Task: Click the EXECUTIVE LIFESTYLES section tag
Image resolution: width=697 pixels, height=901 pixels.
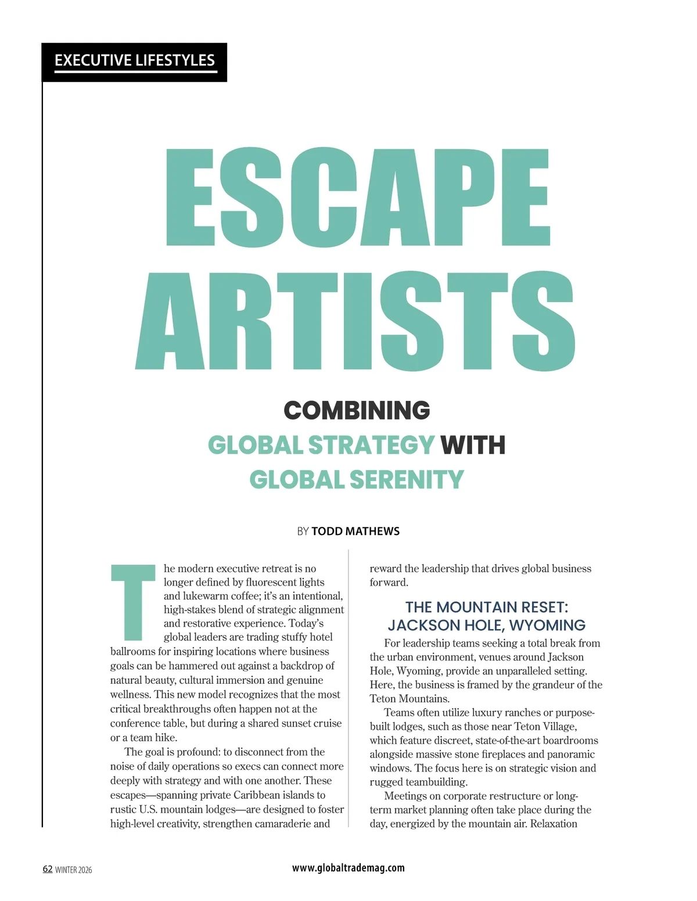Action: (134, 60)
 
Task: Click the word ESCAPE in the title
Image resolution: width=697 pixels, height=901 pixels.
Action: (357, 198)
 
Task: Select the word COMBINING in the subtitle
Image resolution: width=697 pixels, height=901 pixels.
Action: (357, 411)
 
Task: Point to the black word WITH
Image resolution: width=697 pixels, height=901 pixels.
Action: (473, 446)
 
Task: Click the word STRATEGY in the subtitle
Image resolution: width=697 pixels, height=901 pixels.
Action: (371, 446)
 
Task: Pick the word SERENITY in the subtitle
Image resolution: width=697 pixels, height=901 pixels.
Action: (407, 480)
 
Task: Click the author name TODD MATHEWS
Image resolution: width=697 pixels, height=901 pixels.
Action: (355, 532)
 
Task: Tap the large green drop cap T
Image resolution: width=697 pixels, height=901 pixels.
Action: (133, 601)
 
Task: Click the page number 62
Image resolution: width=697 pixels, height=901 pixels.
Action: (48, 869)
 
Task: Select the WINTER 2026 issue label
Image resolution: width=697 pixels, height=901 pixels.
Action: (73, 870)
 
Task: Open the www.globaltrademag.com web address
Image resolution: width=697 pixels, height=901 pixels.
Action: (348, 868)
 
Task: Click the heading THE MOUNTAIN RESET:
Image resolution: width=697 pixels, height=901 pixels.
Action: (486, 607)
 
